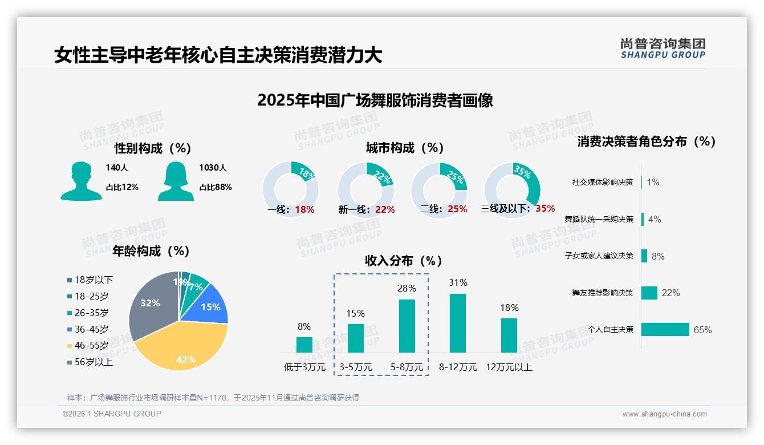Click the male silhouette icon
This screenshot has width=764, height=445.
[x=81, y=181]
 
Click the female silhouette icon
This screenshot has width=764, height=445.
[x=176, y=181]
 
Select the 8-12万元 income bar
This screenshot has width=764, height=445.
[x=458, y=323]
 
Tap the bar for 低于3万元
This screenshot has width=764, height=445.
[x=304, y=345]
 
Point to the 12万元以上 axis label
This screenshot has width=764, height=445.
[x=509, y=367]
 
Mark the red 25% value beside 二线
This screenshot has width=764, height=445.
[x=457, y=209]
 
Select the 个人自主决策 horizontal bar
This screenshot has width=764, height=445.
[x=665, y=329]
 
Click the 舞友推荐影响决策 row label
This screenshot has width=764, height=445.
[x=602, y=293]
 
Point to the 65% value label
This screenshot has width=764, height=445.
[x=702, y=330]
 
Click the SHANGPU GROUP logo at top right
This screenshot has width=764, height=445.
[x=663, y=48]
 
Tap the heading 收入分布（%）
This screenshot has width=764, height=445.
[x=404, y=261]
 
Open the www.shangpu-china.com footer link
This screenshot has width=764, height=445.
[x=664, y=414]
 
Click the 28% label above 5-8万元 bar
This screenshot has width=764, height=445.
[x=407, y=288]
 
